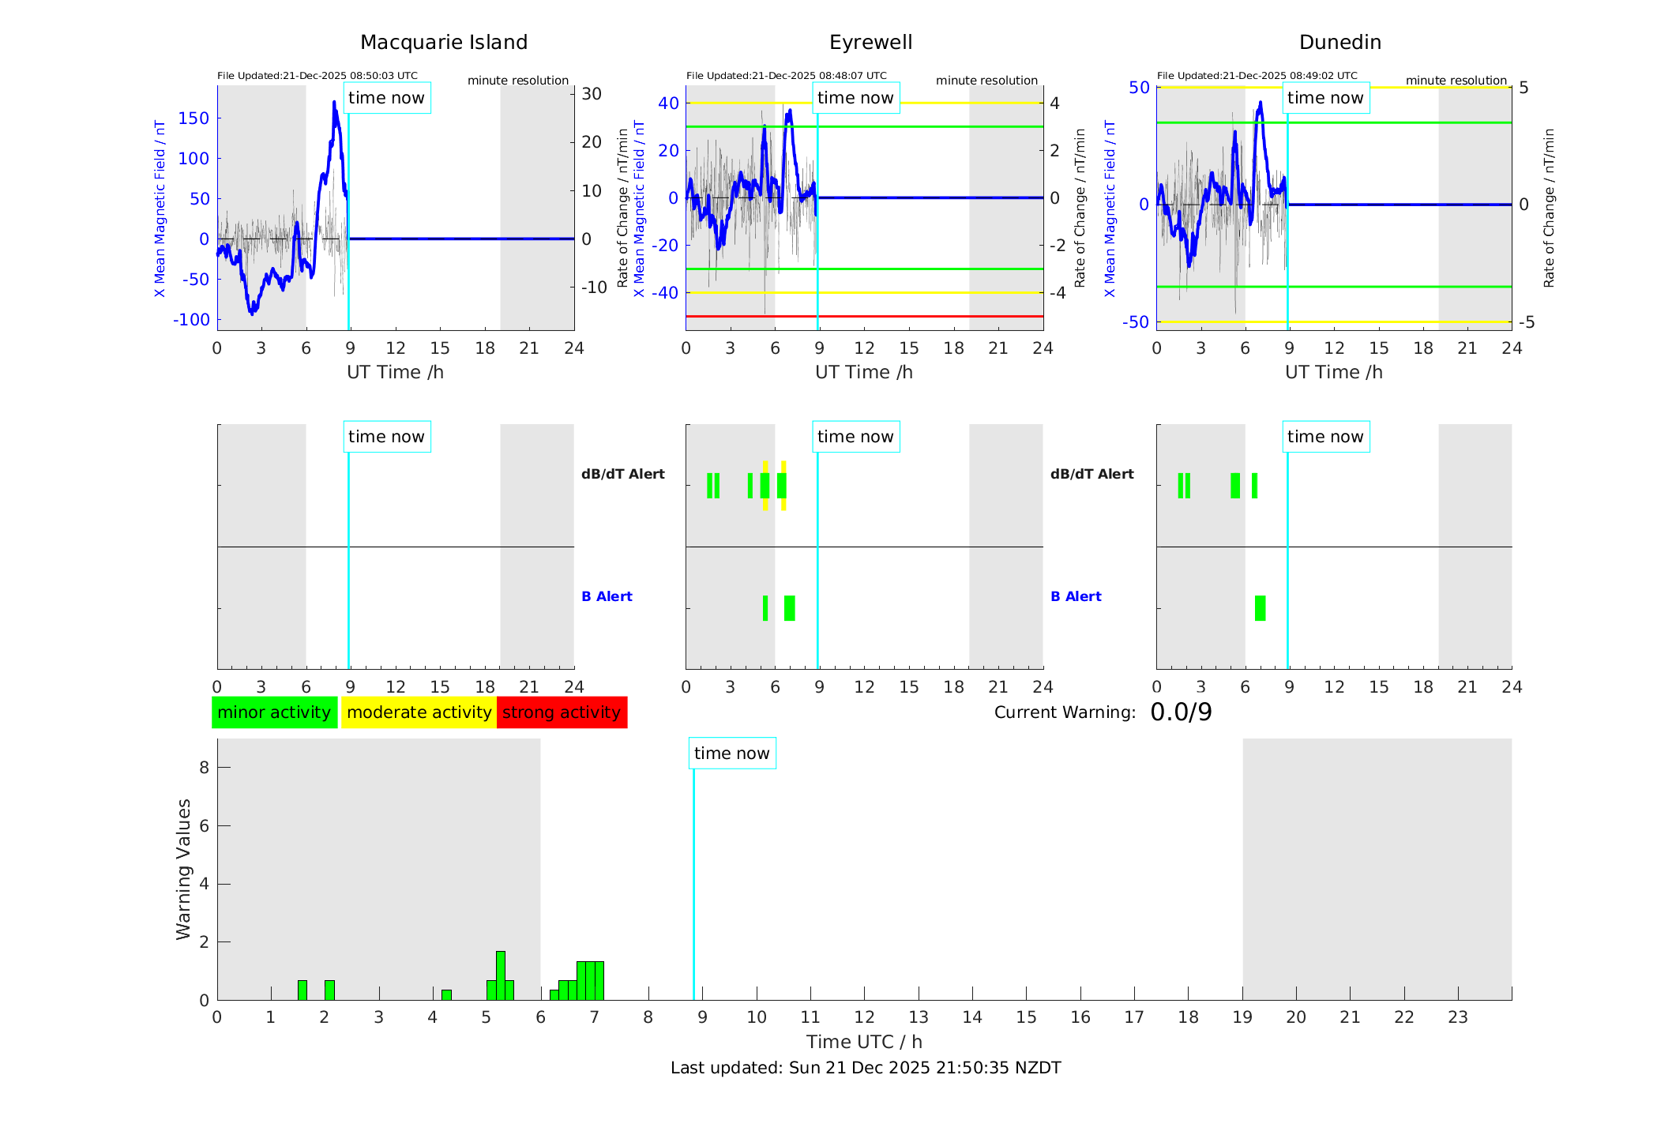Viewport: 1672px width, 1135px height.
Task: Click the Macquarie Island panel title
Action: (x=443, y=42)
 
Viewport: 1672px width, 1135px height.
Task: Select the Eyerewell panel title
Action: (x=870, y=42)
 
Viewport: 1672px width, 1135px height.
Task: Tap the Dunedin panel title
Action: (x=1339, y=42)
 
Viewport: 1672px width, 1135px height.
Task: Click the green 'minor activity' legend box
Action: (x=274, y=712)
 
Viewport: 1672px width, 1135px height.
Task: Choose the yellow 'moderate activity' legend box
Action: (x=419, y=712)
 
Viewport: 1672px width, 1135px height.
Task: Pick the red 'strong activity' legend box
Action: (x=562, y=712)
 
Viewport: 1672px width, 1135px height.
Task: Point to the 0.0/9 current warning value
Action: (x=1181, y=712)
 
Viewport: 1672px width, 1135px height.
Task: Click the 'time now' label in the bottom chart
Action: (x=731, y=754)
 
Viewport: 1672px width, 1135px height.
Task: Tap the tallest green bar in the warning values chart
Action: (x=501, y=975)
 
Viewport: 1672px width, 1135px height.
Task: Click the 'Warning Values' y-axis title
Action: (x=183, y=869)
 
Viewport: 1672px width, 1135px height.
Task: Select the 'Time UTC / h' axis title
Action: (x=864, y=1042)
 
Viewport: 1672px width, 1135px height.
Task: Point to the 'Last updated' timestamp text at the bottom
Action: (x=866, y=1068)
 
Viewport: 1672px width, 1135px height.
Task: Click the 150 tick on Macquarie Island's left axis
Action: (x=194, y=118)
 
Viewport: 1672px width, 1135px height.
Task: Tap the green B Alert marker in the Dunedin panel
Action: (x=1260, y=608)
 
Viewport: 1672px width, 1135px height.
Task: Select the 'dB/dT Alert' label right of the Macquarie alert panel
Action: (x=622, y=474)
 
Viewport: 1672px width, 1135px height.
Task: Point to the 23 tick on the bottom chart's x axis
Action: (x=1457, y=1017)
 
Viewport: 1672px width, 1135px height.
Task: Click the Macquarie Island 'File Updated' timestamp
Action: (x=317, y=76)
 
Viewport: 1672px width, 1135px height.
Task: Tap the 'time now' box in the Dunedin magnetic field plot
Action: (x=1325, y=98)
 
